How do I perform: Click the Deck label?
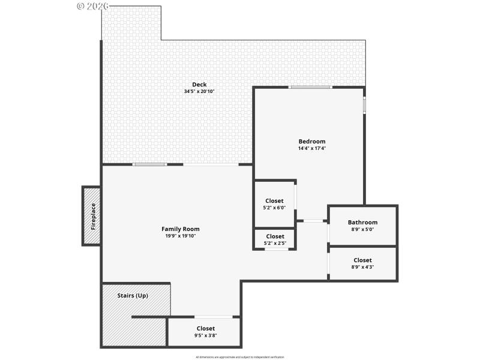[199, 85]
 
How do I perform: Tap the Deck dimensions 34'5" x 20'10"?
[199, 92]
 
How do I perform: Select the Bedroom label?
[312, 142]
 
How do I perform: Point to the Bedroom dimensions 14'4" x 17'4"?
[312, 149]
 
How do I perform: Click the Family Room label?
[181, 229]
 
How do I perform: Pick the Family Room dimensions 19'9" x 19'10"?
[181, 236]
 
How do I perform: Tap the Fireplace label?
[93, 217]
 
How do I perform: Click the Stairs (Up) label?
[133, 295]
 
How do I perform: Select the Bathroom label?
[362, 222]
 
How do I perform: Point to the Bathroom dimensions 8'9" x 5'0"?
[362, 229]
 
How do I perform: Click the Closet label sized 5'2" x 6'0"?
[275, 201]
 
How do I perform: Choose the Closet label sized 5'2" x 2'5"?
[275, 236]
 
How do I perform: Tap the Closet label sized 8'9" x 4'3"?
[362, 260]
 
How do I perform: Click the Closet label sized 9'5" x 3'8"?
[206, 328]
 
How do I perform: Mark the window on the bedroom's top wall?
[310, 88]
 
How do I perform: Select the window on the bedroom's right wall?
[364, 104]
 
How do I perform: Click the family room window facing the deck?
[149, 164]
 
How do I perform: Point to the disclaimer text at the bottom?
[239, 357]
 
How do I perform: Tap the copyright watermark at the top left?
[93, 6]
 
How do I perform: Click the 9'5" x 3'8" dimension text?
[206, 335]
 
